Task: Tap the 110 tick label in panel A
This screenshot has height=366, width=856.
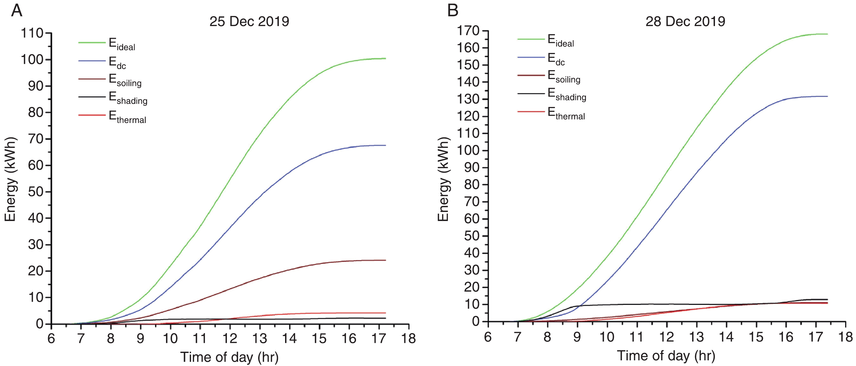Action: click(x=32, y=33)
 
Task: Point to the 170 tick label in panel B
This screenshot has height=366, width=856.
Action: click(x=468, y=31)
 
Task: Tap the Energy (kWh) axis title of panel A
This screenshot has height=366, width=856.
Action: click(x=10, y=179)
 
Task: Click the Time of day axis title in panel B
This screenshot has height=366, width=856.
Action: click(x=666, y=356)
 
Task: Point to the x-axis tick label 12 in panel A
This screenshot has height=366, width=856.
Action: click(x=230, y=338)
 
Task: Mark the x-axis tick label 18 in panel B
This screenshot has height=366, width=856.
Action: click(x=845, y=337)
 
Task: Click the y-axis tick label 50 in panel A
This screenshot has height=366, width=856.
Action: click(x=36, y=192)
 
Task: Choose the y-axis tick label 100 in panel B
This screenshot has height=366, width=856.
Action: click(x=468, y=150)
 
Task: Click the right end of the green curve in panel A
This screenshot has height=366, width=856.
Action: click(x=385, y=58)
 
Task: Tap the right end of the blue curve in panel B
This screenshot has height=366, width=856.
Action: click(x=827, y=96)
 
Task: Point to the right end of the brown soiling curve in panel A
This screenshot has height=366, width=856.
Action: click(x=385, y=260)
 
